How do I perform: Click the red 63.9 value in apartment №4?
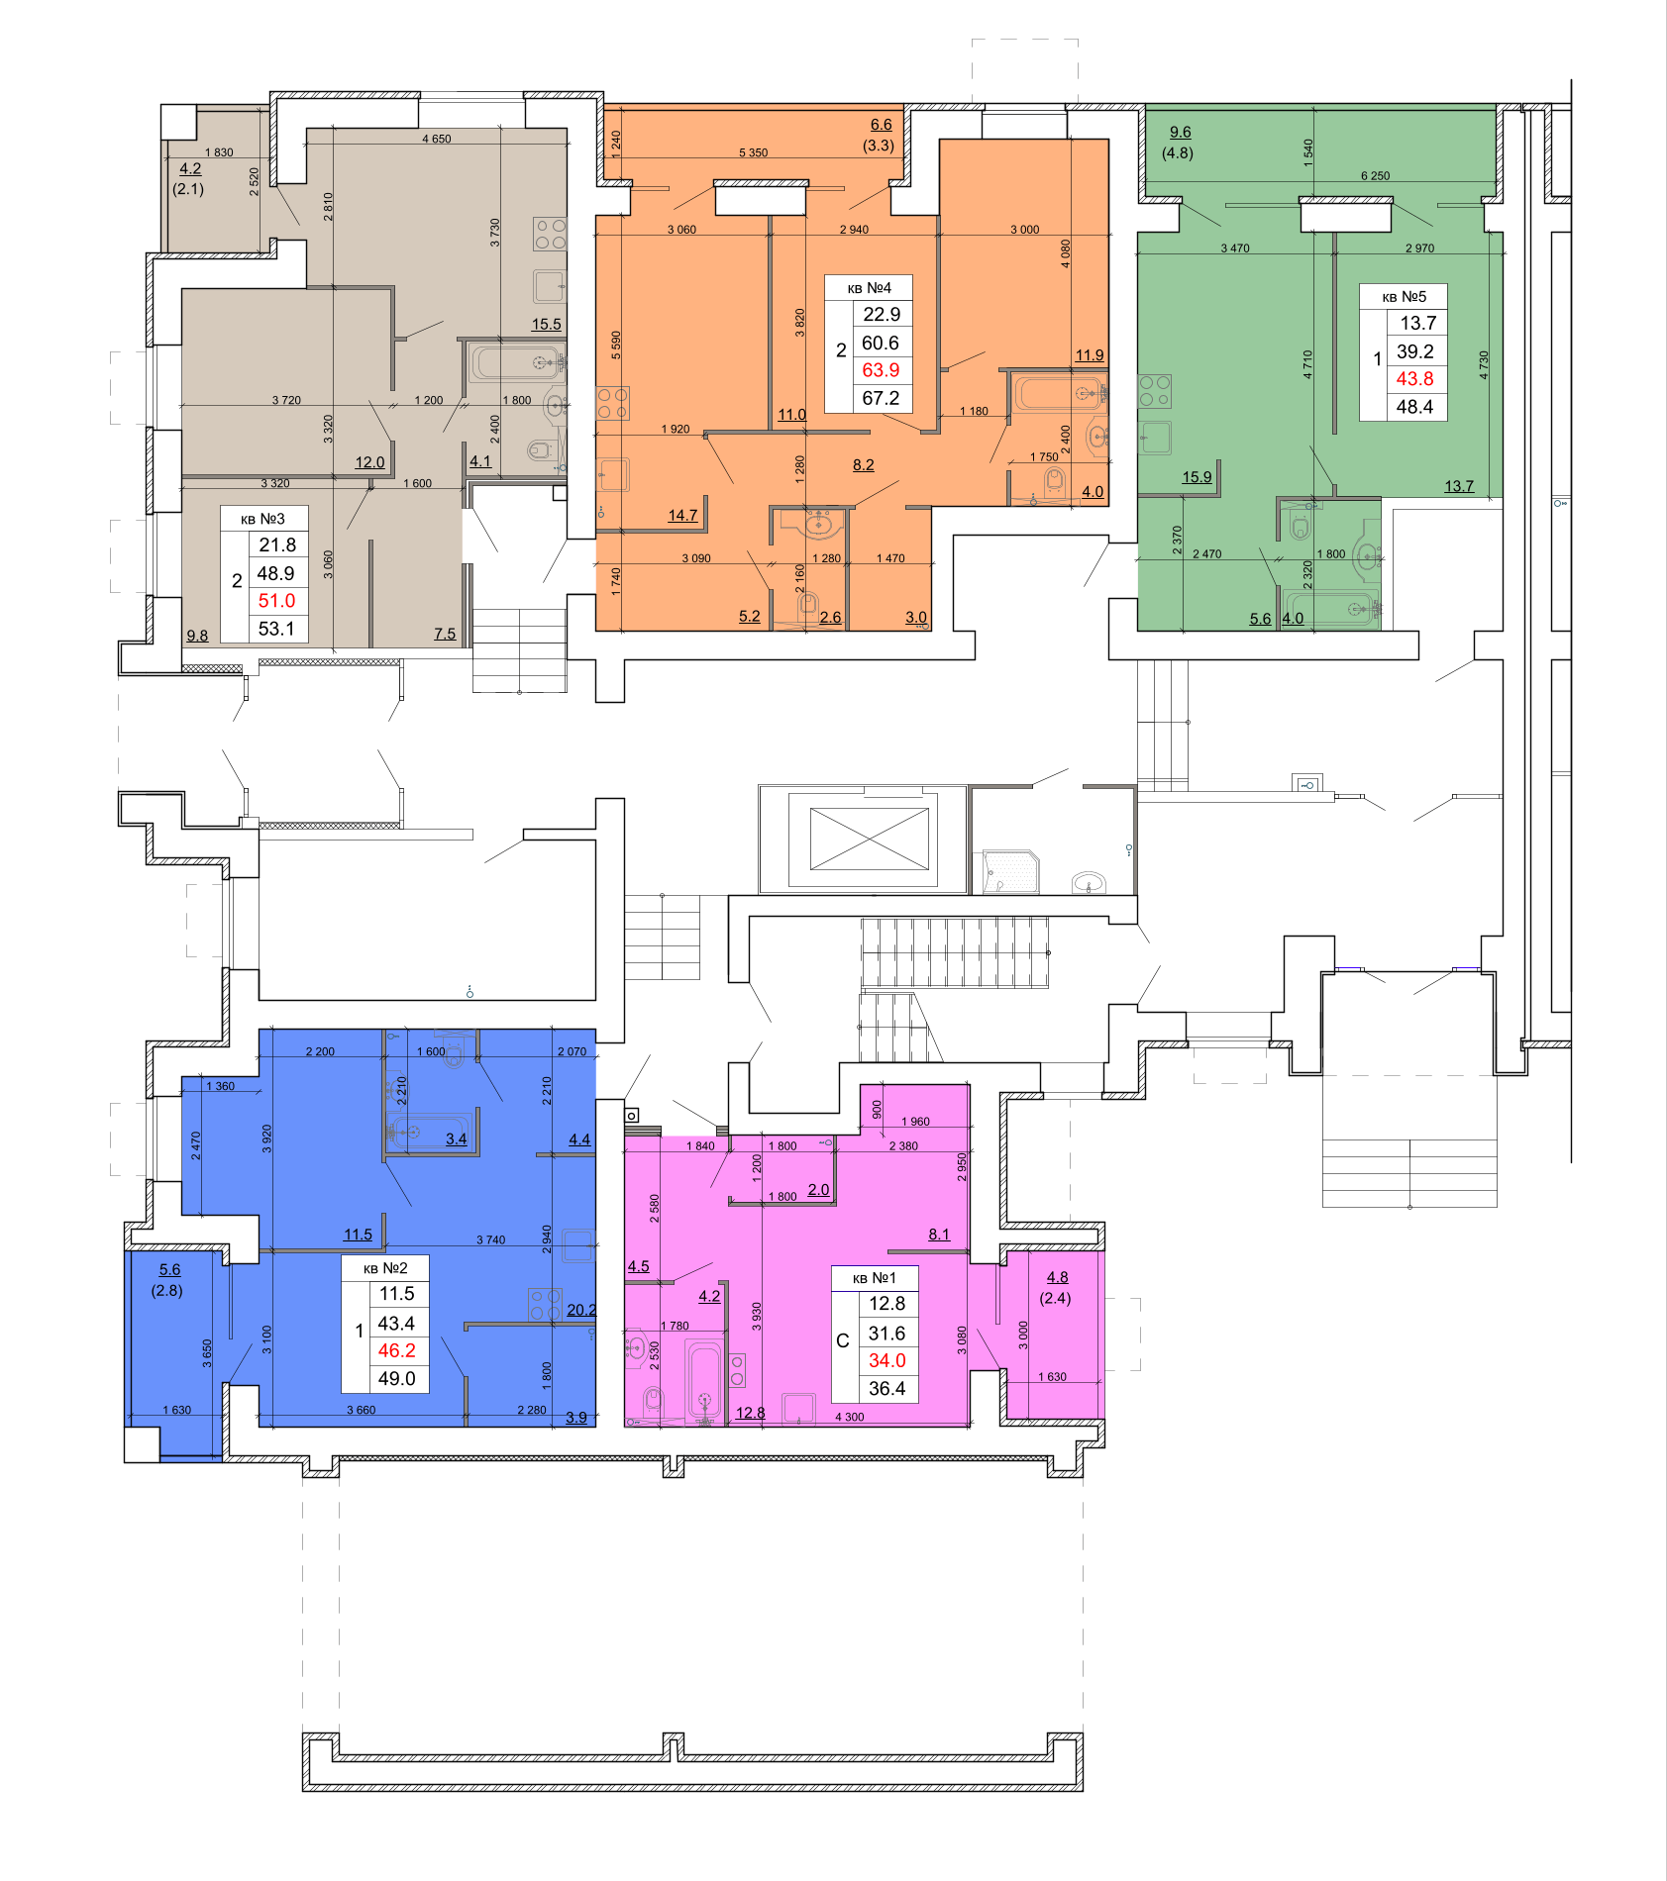click(x=881, y=370)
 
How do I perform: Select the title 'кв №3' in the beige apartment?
click(x=262, y=519)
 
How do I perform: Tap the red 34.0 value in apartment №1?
click(x=886, y=1360)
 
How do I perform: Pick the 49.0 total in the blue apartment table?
click(x=396, y=1378)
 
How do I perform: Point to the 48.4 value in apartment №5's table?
click(x=1414, y=406)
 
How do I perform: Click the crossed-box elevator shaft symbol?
click(x=869, y=839)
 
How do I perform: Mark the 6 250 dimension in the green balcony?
click(x=1375, y=176)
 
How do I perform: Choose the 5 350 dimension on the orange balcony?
click(x=753, y=152)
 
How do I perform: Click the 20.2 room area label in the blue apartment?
click(x=581, y=1310)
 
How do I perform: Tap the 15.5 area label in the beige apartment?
click(x=546, y=324)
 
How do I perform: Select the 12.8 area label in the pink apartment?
click(x=750, y=1413)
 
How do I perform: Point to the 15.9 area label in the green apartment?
click(x=1197, y=477)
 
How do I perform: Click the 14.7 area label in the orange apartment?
click(x=682, y=515)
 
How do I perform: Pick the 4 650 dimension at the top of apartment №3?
click(x=436, y=139)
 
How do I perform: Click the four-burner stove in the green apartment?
click(x=1155, y=391)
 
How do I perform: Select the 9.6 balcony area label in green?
click(x=1180, y=133)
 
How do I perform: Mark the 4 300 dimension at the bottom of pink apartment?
click(x=849, y=1417)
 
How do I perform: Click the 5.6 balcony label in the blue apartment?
click(x=169, y=1269)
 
